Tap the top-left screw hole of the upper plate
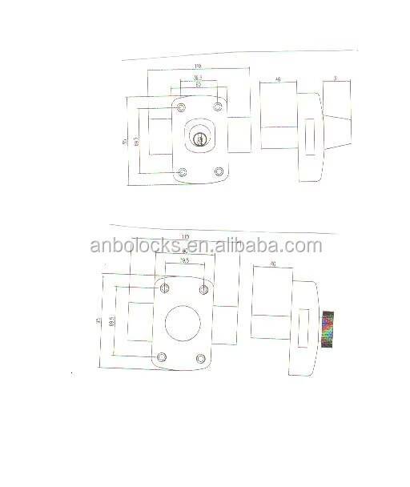[181, 107]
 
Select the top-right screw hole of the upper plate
[218, 105]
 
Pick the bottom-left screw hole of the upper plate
[183, 172]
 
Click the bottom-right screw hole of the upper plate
[219, 171]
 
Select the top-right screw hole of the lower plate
[203, 288]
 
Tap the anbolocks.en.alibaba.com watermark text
[206, 246]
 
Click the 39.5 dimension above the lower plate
[184, 261]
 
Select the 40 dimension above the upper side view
[277, 80]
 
